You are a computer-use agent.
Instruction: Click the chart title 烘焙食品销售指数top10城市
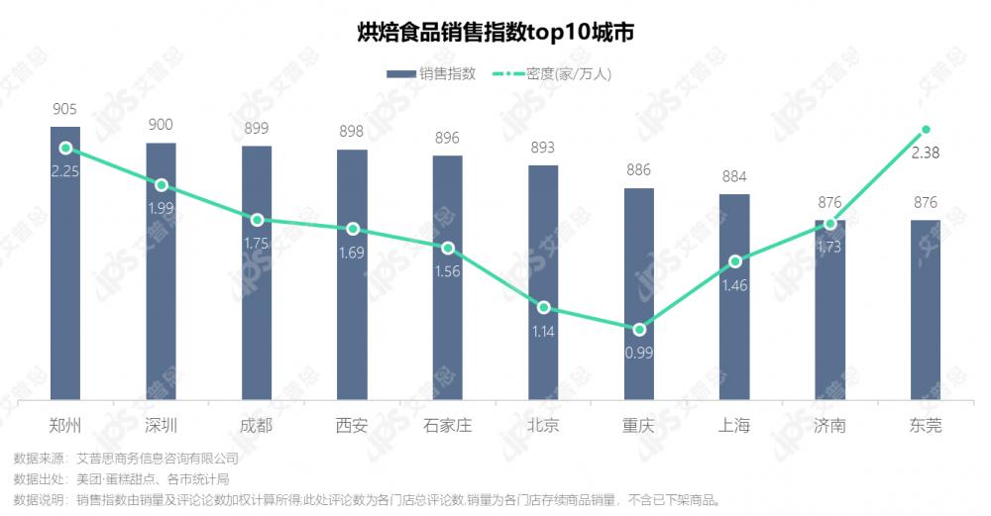(x=495, y=32)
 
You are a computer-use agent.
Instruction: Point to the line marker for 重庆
(x=639, y=329)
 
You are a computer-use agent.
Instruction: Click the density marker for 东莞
(x=926, y=130)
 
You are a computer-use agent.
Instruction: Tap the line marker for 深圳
(x=162, y=185)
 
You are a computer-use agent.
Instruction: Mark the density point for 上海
(x=734, y=261)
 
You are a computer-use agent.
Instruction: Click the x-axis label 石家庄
(x=447, y=427)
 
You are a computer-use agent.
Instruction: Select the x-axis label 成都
(x=257, y=427)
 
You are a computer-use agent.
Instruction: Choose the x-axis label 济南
(x=829, y=427)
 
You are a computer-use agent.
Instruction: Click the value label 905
(x=65, y=110)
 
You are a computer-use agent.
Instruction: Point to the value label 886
(x=639, y=170)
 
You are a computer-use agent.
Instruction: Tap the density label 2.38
(x=926, y=153)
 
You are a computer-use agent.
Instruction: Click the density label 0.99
(x=639, y=351)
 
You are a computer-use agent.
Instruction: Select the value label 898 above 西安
(x=352, y=133)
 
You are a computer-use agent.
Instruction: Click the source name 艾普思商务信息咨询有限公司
(x=158, y=459)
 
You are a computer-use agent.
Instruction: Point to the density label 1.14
(x=543, y=331)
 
